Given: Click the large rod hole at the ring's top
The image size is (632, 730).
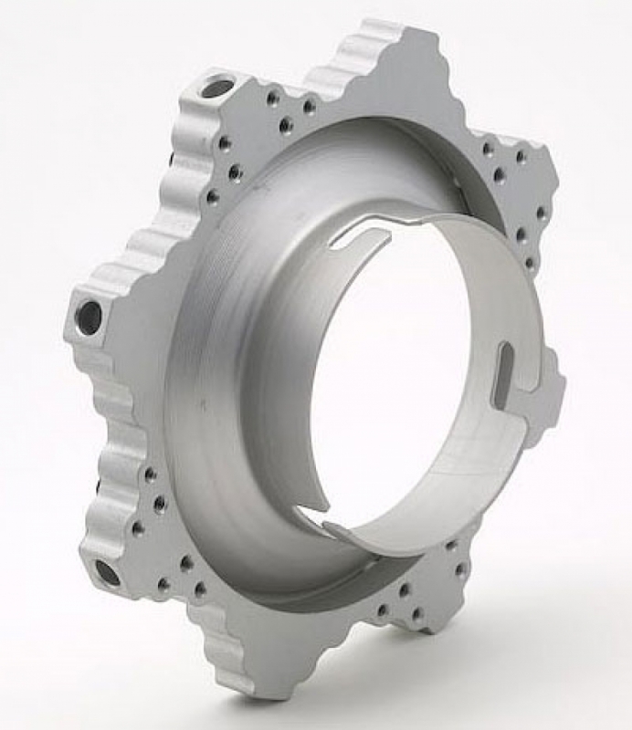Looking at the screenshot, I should click(x=217, y=89).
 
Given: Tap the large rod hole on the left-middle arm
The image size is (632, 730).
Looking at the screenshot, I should click(x=90, y=318).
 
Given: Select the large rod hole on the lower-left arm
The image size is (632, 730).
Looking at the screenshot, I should click(x=107, y=573).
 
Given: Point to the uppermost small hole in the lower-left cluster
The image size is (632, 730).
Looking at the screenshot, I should click(x=150, y=474).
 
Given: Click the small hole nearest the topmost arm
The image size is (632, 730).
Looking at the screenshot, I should click(x=310, y=107).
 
